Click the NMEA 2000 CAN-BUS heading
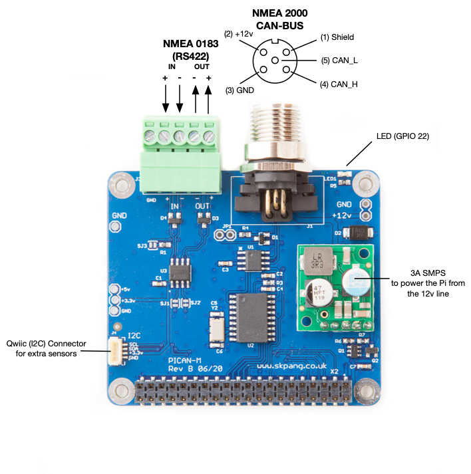[279, 19]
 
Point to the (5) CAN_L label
[340, 60]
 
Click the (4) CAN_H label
[340, 84]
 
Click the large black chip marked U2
[251, 318]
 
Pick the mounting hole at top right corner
[365, 182]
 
